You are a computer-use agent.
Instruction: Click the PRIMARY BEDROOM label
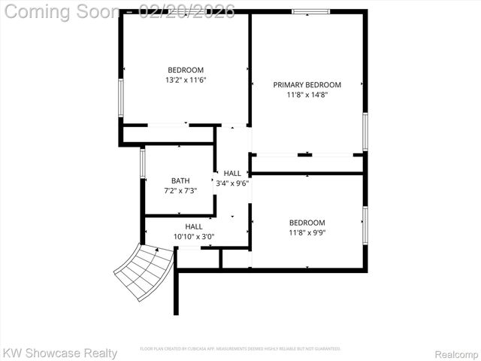pos(307,85)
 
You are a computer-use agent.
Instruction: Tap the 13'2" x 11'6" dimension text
pos(186,80)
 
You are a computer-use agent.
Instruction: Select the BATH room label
pos(180,180)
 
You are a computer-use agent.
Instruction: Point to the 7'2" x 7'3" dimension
pos(180,191)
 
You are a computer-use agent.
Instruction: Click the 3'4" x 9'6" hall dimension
pos(232,183)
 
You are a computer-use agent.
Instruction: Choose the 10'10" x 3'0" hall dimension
pos(194,236)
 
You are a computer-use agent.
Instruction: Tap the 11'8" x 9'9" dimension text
pos(307,232)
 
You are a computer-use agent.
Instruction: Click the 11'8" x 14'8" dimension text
pos(307,95)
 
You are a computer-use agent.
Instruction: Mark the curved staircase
pos(144,272)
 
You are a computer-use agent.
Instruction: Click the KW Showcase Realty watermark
pos(60,353)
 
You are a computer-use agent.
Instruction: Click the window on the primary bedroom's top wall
pos(310,12)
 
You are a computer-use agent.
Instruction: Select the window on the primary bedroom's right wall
pos(365,131)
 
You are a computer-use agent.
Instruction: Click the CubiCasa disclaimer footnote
pos(240,349)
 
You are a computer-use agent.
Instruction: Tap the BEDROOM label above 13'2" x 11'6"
pos(186,70)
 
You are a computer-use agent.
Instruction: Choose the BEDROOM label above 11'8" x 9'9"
pos(307,223)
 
